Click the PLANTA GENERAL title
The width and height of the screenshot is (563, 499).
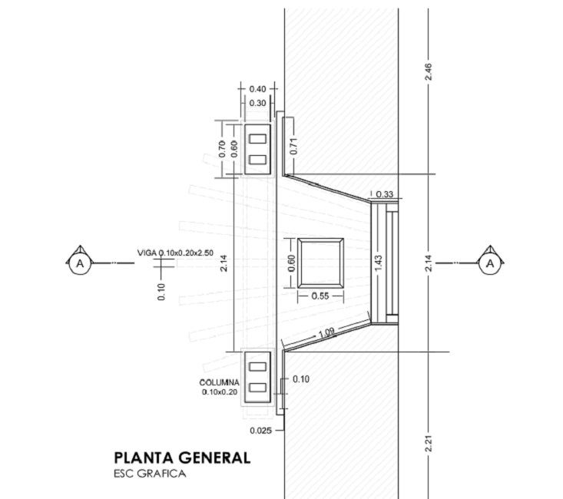tap(182, 458)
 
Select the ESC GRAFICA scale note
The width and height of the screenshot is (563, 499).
tap(150, 474)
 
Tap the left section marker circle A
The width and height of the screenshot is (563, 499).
tap(80, 264)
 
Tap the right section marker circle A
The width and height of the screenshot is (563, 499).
tap(490, 264)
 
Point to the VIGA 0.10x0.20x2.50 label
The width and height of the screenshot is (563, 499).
tap(175, 253)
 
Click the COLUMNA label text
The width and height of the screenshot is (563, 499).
tap(219, 382)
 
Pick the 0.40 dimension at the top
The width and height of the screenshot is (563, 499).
tap(257, 89)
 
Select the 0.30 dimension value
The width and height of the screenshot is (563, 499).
tap(257, 104)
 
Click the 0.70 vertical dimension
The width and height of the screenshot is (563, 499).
tap(222, 149)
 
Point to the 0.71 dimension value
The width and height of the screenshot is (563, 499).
tap(293, 146)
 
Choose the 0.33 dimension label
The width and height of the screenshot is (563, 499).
tap(385, 194)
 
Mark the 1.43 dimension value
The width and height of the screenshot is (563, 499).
tap(378, 263)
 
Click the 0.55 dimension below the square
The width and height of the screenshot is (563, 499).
tap(320, 296)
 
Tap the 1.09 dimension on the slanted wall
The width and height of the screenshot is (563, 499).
tap(326, 332)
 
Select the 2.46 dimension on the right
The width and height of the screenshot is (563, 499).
tap(428, 72)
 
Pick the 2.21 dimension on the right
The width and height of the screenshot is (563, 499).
tap(428, 444)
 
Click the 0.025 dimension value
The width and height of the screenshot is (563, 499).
tap(261, 430)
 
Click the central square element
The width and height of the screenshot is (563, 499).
tap(320, 263)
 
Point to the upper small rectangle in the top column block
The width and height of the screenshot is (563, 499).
tap(257, 139)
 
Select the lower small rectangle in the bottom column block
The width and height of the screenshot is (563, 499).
tap(257, 388)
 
